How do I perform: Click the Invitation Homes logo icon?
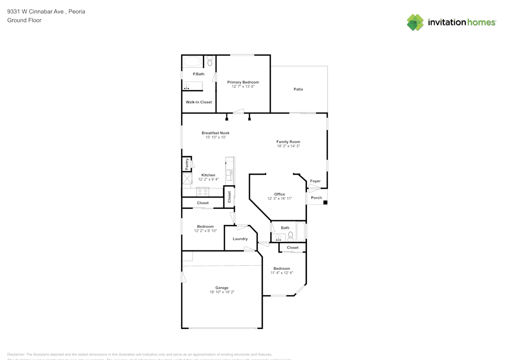coord(415,22)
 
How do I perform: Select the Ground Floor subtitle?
coord(24,20)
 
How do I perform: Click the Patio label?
coord(298,89)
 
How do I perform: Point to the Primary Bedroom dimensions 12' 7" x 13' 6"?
coord(243,87)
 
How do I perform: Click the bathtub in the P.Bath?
coord(192,62)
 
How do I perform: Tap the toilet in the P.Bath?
coord(210,62)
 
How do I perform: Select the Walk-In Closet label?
coord(199,102)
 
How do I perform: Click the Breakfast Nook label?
coord(215,133)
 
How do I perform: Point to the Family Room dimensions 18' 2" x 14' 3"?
coord(288,146)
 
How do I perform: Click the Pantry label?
coord(187,164)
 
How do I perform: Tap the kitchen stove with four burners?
coord(203,192)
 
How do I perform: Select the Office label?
coord(279,194)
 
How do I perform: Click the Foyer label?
coord(316,181)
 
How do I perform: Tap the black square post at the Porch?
coord(325,203)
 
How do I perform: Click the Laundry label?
coord(240,239)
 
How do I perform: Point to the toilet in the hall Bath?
coord(291,236)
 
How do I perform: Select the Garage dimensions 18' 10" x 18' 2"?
coord(221,292)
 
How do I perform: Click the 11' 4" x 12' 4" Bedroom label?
coord(281,268)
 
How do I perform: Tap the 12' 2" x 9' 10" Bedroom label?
coord(205,226)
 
